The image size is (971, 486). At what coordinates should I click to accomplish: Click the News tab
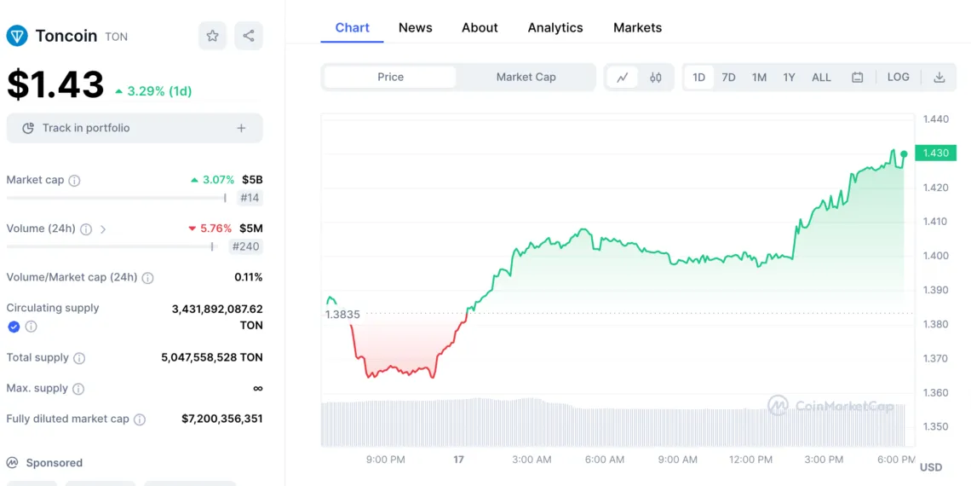pyautogui.click(x=415, y=27)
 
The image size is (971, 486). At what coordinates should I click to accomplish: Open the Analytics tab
pyautogui.click(x=555, y=27)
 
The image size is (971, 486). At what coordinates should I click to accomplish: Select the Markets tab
pyautogui.click(x=637, y=27)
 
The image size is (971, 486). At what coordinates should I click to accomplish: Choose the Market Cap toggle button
pyautogui.click(x=526, y=77)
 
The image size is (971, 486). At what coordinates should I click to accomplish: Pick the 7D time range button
pyautogui.click(x=728, y=77)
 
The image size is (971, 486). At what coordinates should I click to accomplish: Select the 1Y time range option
pyautogui.click(x=789, y=77)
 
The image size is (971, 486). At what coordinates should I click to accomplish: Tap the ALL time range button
pyautogui.click(x=821, y=77)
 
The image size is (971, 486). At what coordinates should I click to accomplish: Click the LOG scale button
pyautogui.click(x=898, y=77)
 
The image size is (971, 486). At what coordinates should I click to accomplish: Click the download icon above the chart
pyautogui.click(x=939, y=77)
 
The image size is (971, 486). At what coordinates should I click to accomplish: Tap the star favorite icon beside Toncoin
pyautogui.click(x=212, y=36)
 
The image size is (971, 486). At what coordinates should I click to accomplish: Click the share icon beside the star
pyautogui.click(x=249, y=36)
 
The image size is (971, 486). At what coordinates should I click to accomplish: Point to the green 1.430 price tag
pyautogui.click(x=935, y=153)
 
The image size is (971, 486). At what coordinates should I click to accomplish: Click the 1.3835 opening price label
pyautogui.click(x=342, y=315)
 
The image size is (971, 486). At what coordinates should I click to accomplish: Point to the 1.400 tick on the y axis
pyautogui.click(x=936, y=256)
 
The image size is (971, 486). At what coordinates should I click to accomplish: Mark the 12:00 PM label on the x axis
pyautogui.click(x=750, y=460)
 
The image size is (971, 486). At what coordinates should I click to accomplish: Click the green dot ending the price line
pyautogui.click(x=904, y=154)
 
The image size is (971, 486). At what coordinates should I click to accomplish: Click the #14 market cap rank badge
pyautogui.click(x=250, y=198)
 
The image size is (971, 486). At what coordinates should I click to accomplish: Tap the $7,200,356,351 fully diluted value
pyautogui.click(x=221, y=419)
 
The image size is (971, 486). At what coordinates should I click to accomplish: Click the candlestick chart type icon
pyautogui.click(x=655, y=77)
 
